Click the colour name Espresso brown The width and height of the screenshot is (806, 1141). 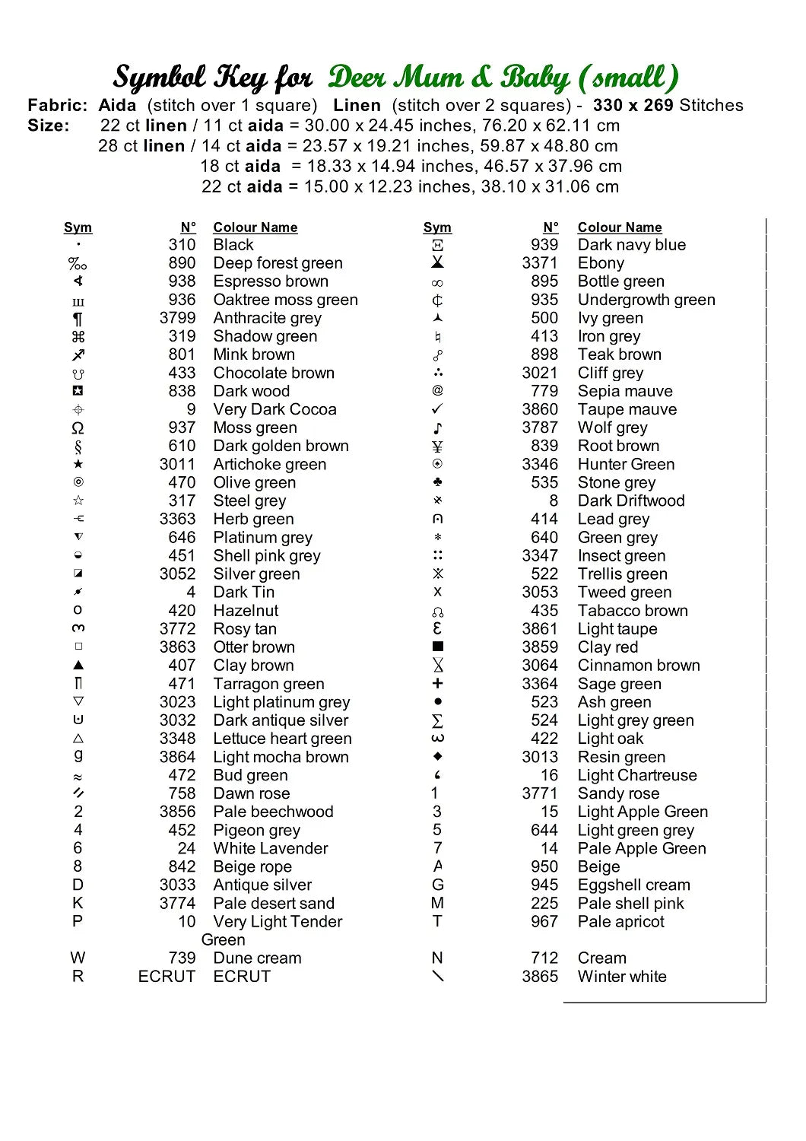point(271,281)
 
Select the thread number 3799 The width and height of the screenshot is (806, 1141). point(177,318)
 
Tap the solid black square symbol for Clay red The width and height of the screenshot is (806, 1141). point(437,647)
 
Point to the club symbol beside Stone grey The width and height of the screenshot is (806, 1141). point(437,482)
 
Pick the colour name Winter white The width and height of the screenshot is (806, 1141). point(622,977)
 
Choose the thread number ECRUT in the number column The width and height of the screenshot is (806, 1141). point(167,977)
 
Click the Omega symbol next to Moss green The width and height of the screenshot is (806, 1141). point(78,428)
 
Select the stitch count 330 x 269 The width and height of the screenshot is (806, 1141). point(634,106)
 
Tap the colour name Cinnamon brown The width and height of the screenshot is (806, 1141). point(639,666)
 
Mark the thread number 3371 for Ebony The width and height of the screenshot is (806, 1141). point(540,263)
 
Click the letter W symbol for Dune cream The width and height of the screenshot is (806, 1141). point(78,958)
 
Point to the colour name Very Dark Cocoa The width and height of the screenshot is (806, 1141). point(274,410)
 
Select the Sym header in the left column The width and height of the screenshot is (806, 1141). point(78,227)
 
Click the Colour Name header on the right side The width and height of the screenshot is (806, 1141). point(620,227)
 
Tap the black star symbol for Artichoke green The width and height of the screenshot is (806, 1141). point(78,464)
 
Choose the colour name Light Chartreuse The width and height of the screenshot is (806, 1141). point(637,775)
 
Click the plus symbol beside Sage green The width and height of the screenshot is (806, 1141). point(437,684)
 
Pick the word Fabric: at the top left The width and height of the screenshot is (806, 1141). point(58,106)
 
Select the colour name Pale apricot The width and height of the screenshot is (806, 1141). point(620,922)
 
